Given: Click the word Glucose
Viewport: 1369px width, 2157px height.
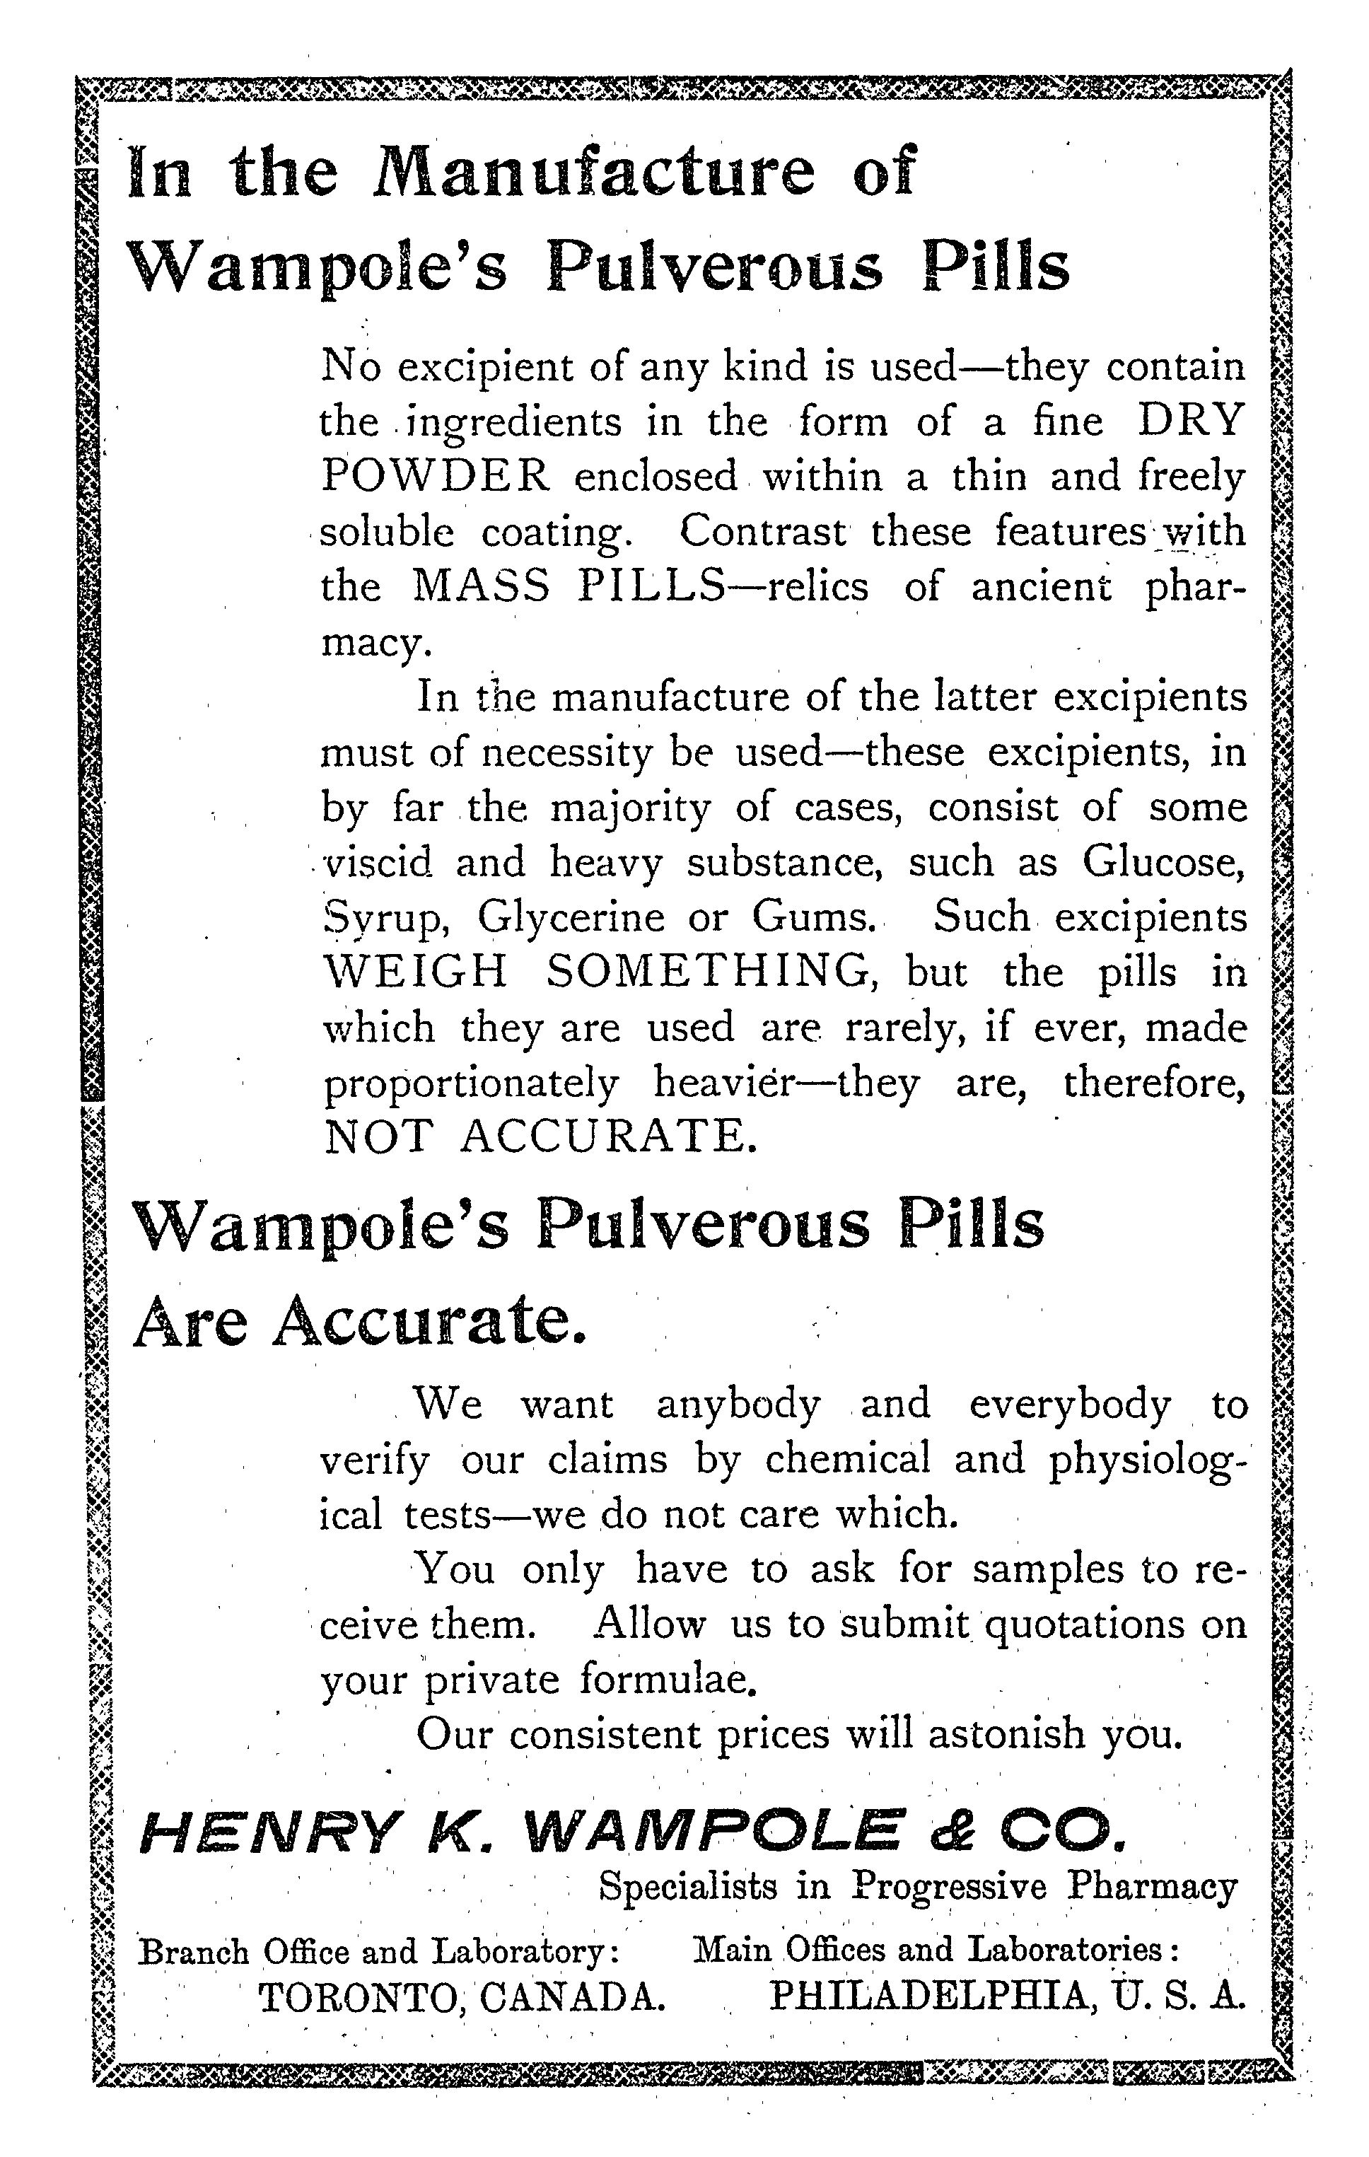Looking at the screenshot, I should (x=1164, y=861).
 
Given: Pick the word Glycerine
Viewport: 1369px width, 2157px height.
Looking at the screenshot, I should (x=571, y=917).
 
